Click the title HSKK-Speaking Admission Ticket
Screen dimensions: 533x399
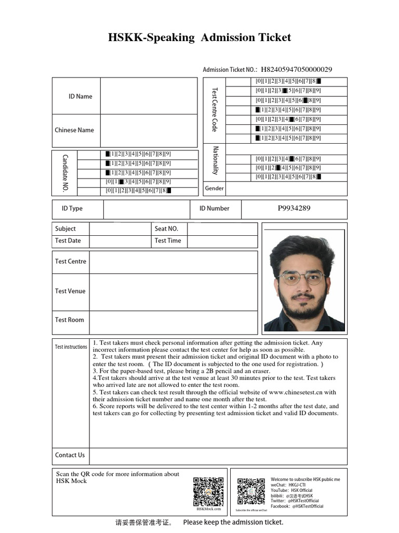[199, 37]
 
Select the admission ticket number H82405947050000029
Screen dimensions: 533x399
[296, 69]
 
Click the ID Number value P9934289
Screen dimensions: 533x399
[294, 208]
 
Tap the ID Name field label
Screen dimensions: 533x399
[80, 96]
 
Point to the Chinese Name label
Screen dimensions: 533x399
[74, 130]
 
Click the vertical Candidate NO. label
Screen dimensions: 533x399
[65, 173]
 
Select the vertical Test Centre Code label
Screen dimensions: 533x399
[214, 110]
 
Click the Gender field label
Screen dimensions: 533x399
[214, 188]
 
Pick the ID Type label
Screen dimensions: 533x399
[72, 208]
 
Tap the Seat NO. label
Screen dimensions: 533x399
[166, 229]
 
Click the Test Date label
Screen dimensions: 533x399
[68, 240]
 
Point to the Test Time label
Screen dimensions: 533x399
[168, 240]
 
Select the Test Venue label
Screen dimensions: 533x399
[70, 291]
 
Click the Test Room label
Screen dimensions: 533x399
[69, 320]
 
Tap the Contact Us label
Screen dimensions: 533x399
[70, 455]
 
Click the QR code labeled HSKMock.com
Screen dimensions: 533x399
[208, 492]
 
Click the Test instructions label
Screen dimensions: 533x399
[71, 347]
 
